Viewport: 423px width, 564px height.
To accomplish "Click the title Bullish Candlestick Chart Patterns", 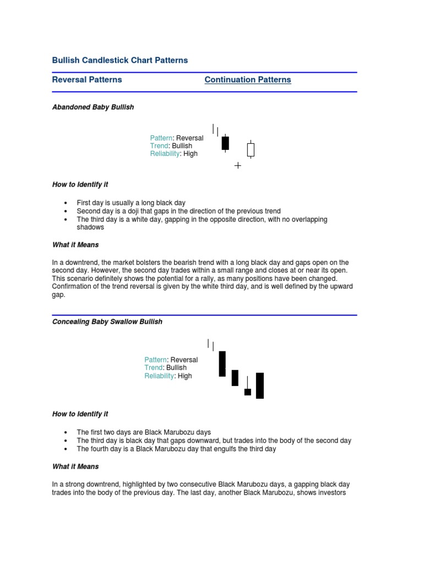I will click(x=120, y=60).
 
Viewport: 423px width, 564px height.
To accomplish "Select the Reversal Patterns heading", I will click(x=87, y=79).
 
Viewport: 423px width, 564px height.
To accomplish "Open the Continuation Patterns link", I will click(x=248, y=79).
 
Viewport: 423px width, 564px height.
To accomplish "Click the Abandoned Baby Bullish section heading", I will click(x=93, y=107).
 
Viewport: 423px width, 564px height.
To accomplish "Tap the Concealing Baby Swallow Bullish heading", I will click(x=107, y=321).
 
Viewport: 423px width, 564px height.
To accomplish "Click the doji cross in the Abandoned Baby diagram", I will click(x=238, y=165).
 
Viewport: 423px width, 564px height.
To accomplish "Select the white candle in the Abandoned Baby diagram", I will click(x=251, y=149).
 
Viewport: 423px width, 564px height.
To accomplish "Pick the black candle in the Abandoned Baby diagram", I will click(x=225, y=143).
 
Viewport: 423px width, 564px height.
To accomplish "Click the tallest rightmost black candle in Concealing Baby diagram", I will click(x=260, y=386).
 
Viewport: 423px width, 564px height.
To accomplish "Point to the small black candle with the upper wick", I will click(x=248, y=392).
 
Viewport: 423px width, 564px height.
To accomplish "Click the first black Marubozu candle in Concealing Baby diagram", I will click(x=223, y=364).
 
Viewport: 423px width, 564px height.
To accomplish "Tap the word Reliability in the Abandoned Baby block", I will click(x=165, y=154).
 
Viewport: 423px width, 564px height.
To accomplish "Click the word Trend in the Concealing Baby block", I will click(x=154, y=367).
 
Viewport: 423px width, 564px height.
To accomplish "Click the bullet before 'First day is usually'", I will click(x=65, y=203).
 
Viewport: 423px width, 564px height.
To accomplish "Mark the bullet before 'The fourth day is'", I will click(x=65, y=449).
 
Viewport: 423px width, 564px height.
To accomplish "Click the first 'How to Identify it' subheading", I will click(x=80, y=185).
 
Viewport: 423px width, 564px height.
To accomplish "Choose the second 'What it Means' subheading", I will click(x=75, y=467).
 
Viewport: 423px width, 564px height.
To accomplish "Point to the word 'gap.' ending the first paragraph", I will click(x=58, y=295).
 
